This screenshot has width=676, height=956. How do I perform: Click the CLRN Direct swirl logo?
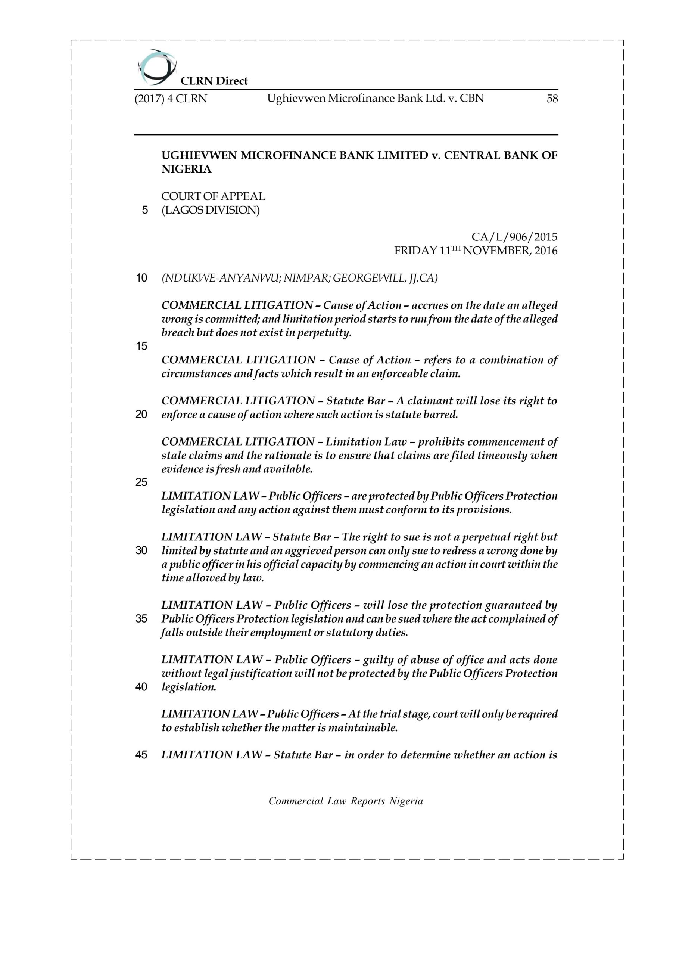coord(156,66)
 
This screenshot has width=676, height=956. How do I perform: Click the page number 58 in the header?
coord(552,99)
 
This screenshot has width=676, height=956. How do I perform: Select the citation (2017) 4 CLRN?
coord(171,99)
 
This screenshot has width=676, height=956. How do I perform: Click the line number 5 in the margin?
coord(145,210)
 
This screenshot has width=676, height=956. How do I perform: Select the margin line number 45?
coord(141,755)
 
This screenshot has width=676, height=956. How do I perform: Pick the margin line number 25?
coord(141,482)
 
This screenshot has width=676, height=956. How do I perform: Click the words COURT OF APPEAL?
coord(213,196)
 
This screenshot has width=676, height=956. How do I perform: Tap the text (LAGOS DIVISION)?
coord(211,210)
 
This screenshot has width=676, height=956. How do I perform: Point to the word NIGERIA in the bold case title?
coord(187,169)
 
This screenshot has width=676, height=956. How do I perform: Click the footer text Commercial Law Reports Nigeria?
coord(346,801)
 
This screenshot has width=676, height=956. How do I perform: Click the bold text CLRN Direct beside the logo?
coord(214,81)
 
